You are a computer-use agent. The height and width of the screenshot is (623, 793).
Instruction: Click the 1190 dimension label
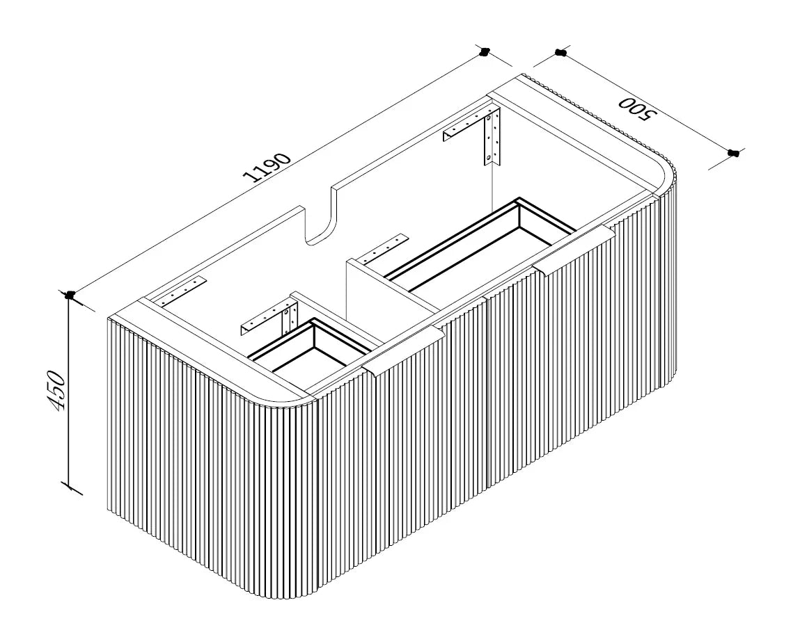(267, 167)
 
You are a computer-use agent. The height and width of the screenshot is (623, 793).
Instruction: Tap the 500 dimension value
(636, 108)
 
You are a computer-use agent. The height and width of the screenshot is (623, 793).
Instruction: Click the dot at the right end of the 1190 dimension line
(485, 51)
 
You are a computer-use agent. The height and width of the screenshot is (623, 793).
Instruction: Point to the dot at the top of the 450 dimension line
(70, 295)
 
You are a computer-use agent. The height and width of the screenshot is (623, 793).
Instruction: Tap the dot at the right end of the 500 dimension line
(733, 152)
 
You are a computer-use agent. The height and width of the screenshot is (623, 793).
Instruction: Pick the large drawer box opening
(480, 245)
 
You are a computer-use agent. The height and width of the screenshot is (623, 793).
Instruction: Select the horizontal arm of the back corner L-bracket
(465, 127)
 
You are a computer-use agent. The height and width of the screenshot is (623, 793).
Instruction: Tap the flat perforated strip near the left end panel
(183, 291)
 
